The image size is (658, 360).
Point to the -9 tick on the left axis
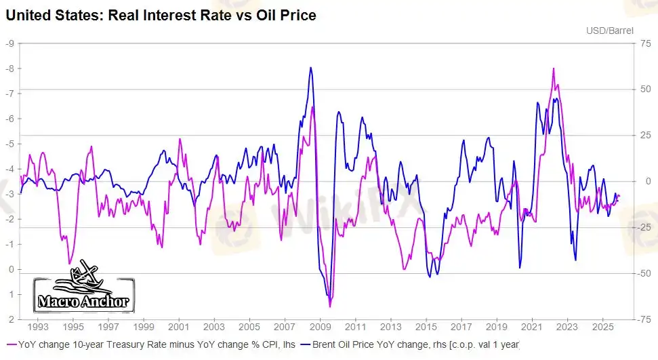coord(9,43)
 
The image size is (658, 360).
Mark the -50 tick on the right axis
coord(645,273)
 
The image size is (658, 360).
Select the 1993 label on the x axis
coord(37,326)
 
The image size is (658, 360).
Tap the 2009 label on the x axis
coord(320,326)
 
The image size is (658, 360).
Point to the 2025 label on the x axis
coord(602,326)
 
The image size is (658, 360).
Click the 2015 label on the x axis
coord(426,326)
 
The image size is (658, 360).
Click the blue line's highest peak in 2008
coord(310,67)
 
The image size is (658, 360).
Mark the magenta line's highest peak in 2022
coord(554,68)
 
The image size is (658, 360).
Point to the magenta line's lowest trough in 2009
coord(330,306)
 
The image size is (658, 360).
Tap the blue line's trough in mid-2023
coord(575,260)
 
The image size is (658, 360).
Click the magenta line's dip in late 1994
coord(69,263)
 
